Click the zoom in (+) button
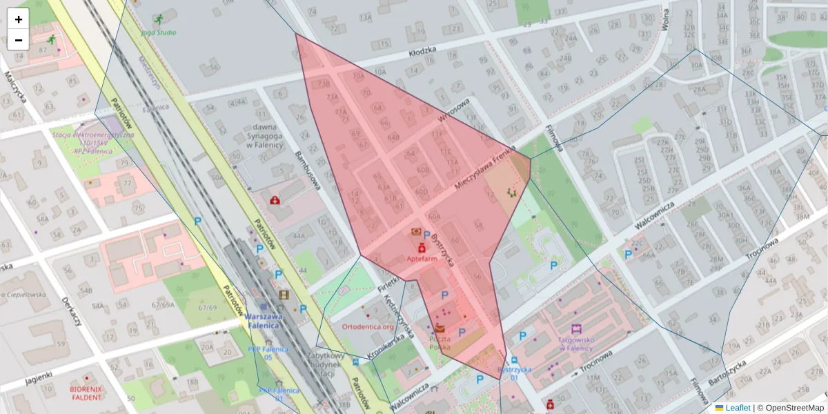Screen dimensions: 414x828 pyautogui.click(x=19, y=19)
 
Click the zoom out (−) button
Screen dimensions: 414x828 pyautogui.click(x=19, y=40)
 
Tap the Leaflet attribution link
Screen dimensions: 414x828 pyautogui.click(x=738, y=408)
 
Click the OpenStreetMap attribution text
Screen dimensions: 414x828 pyautogui.click(x=793, y=408)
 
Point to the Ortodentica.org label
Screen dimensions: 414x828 pyautogui.click(x=368, y=326)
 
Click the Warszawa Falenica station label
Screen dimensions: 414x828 pyautogui.click(x=264, y=321)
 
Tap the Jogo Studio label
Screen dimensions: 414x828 pyautogui.click(x=158, y=32)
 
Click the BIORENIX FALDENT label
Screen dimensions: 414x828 pyautogui.click(x=86, y=393)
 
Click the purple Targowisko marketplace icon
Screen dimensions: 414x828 pyautogui.click(x=576, y=329)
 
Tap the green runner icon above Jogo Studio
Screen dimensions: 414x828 pyautogui.click(x=160, y=19)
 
